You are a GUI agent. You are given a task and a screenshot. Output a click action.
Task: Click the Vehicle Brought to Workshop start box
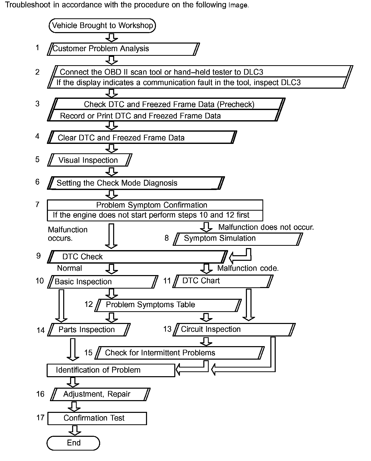coord(102,25)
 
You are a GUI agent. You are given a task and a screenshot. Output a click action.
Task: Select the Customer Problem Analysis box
coord(123,49)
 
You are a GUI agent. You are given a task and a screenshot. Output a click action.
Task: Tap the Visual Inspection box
coord(90,160)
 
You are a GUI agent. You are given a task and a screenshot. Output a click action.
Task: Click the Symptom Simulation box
coord(238,239)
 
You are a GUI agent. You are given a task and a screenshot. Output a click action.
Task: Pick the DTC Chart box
coord(223,281)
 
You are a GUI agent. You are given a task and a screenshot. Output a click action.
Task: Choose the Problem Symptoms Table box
coord(168,305)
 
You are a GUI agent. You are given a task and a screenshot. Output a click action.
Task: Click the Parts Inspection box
coord(89,330)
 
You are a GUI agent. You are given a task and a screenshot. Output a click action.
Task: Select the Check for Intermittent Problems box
coord(180,353)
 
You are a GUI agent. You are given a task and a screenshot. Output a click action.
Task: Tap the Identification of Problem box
coord(111,370)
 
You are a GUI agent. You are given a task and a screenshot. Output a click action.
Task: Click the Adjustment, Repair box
coord(100,394)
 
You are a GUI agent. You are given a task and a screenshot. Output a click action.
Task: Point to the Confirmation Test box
coord(97,418)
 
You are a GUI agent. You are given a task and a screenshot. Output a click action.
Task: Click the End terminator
coord(73,443)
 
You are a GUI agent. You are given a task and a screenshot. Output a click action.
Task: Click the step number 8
coord(167,238)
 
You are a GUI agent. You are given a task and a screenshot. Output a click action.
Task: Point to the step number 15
coord(88,353)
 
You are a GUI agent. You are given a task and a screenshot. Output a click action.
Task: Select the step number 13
coord(167,329)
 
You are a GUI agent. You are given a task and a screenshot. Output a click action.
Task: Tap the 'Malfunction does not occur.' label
coord(266,227)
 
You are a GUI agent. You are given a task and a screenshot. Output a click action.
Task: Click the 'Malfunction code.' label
coord(248,268)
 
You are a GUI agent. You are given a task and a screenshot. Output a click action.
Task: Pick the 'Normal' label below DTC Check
coord(69,268)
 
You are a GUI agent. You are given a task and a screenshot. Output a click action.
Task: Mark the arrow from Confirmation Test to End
coord(75,430)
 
